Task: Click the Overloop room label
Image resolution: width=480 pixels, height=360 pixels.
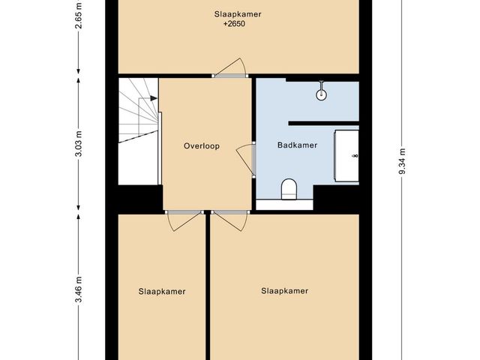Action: pyautogui.click(x=202, y=145)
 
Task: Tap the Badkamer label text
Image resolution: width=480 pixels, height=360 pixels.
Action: pyautogui.click(x=297, y=145)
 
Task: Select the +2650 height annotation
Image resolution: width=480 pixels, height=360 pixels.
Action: pyautogui.click(x=234, y=24)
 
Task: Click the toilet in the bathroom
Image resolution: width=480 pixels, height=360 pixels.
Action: pyautogui.click(x=289, y=190)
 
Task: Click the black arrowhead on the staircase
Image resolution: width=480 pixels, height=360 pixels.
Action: pyautogui.click(x=154, y=98)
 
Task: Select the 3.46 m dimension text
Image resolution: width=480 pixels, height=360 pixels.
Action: pyautogui.click(x=78, y=289)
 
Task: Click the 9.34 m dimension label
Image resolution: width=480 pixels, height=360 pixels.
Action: pyautogui.click(x=402, y=161)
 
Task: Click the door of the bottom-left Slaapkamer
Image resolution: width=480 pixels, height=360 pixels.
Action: pyautogui.click(x=184, y=221)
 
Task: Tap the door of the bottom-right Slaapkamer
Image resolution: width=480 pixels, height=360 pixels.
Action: pyautogui.click(x=230, y=221)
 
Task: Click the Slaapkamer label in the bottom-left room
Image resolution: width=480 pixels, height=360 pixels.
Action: pyautogui.click(x=162, y=292)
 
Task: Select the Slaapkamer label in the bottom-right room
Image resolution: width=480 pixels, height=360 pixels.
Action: pyautogui.click(x=285, y=290)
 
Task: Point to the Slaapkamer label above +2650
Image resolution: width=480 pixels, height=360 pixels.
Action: pyautogui.click(x=238, y=14)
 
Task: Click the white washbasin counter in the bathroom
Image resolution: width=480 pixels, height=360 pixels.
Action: pyautogui.click(x=346, y=156)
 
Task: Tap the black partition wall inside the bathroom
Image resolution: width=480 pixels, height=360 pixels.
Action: pyautogui.click(x=323, y=123)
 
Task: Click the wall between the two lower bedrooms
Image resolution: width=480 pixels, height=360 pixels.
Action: pyautogui.click(x=208, y=286)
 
